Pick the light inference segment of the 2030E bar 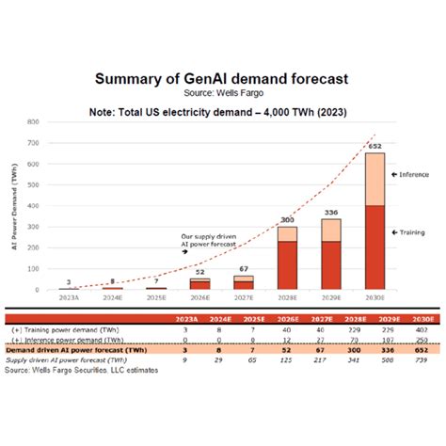(x=374, y=179)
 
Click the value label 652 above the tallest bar (x=374, y=146)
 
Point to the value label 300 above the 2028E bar (x=287, y=220)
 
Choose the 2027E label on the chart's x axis (x=243, y=298)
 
